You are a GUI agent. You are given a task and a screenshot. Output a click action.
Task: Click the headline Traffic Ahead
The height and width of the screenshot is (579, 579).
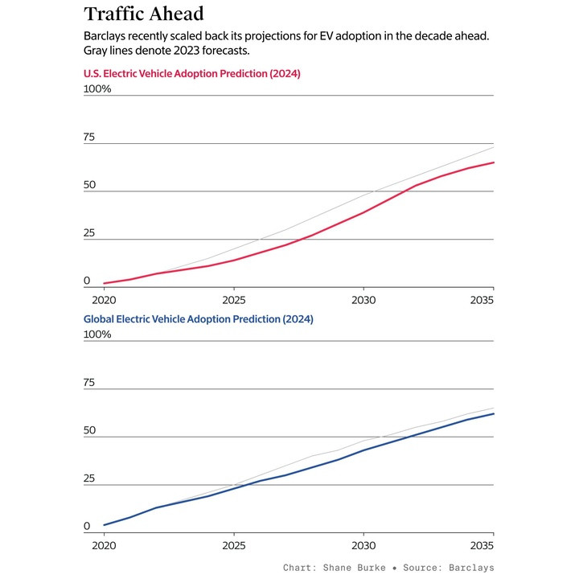tap(144, 14)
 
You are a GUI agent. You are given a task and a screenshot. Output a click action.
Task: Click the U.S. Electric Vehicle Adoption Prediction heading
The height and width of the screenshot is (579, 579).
tap(191, 74)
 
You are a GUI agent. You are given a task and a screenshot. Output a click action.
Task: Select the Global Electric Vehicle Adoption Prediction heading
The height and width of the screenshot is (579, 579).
tap(198, 319)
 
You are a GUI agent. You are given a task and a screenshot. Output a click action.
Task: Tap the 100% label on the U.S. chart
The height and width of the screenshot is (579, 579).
tap(97, 88)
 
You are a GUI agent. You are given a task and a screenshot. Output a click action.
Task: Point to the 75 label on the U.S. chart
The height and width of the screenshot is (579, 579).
tap(89, 138)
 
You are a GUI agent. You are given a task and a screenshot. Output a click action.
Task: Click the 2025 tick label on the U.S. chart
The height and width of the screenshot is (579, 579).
tap(233, 299)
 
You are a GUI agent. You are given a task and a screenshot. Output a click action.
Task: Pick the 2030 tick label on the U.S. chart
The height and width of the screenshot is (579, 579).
tap(363, 299)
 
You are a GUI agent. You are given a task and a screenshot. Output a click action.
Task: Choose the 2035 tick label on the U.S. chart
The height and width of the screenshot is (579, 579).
tap(482, 299)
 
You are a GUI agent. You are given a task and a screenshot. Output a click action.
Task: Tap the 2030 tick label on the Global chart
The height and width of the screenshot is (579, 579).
tap(363, 544)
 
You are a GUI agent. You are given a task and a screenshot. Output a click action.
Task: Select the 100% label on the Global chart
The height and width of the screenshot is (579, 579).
tap(97, 335)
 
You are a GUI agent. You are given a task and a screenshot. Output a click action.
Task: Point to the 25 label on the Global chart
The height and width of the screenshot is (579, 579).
tap(89, 479)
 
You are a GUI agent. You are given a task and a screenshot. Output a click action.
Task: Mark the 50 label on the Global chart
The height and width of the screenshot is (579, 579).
tap(89, 431)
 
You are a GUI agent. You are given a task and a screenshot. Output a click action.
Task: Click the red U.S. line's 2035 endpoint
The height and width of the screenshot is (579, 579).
tap(494, 162)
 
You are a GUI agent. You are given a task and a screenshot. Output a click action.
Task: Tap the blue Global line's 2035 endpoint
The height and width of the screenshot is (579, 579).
tap(494, 413)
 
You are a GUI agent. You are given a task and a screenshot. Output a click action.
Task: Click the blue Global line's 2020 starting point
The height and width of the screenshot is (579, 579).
tap(104, 525)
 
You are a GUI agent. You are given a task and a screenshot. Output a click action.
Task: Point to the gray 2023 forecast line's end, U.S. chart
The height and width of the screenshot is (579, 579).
tap(494, 147)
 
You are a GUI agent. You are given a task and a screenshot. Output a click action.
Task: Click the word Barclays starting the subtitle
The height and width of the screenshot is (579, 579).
tap(108, 38)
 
